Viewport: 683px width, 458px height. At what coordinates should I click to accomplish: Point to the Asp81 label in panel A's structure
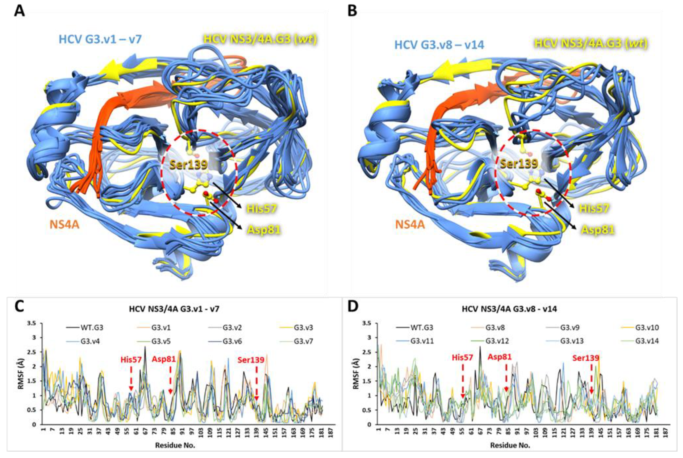tap(264, 230)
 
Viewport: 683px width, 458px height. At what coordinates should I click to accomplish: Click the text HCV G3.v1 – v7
tap(100, 39)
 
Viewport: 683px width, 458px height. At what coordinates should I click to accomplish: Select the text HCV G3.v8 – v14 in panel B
tap(439, 45)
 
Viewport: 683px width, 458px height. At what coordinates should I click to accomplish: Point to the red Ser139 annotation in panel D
tap(586, 358)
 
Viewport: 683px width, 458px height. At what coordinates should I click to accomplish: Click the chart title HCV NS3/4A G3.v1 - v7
tap(174, 309)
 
